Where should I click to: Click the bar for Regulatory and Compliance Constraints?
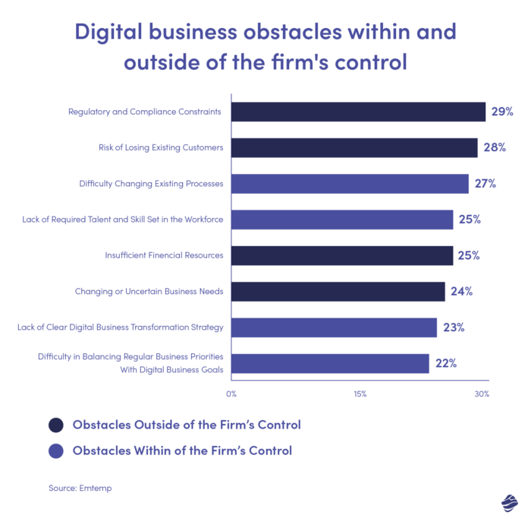click(x=358, y=112)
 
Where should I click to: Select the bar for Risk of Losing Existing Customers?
click(x=354, y=147)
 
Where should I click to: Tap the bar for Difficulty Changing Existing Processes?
click(x=350, y=184)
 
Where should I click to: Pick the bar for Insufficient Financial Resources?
click(x=342, y=255)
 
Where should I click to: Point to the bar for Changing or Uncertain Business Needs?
click(x=338, y=292)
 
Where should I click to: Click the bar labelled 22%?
click(x=330, y=363)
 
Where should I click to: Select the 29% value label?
click(x=502, y=112)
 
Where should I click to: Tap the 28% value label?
click(x=494, y=147)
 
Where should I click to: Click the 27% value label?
click(x=485, y=184)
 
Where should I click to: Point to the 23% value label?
click(x=454, y=327)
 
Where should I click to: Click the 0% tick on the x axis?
click(x=231, y=394)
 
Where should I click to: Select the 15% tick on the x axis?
click(x=360, y=394)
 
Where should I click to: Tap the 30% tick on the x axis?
click(x=482, y=394)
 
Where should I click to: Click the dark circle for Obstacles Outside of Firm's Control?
click(x=55, y=425)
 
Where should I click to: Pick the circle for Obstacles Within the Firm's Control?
click(x=55, y=451)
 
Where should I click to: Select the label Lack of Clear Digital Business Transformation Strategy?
click(x=120, y=327)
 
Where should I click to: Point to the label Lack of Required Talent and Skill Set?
click(x=123, y=220)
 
